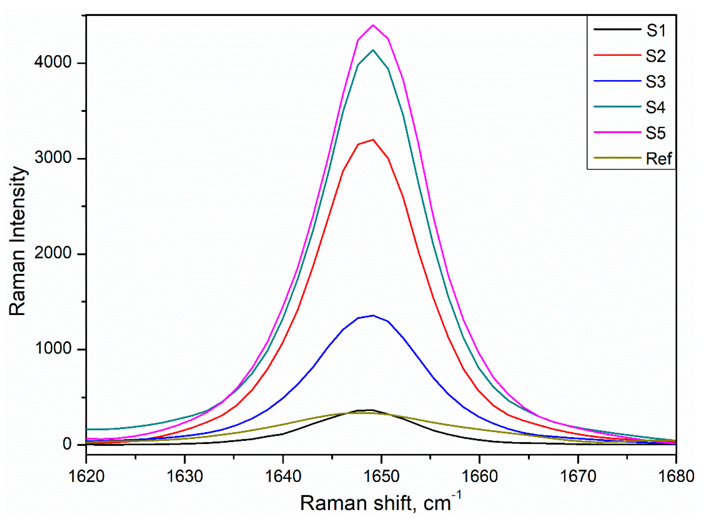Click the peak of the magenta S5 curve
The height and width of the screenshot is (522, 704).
(x=373, y=25)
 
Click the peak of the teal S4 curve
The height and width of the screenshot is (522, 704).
(x=373, y=50)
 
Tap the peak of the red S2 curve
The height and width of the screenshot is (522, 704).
(x=373, y=140)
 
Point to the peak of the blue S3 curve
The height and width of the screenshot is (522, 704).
(x=373, y=316)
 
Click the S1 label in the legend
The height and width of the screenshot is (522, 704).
(x=655, y=31)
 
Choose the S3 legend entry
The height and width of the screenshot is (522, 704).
(x=655, y=82)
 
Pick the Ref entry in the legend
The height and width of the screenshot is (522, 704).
(x=659, y=159)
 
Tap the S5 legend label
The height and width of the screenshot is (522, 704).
(x=655, y=133)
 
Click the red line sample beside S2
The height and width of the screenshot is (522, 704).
(x=617, y=55)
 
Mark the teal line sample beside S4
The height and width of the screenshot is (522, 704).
(x=617, y=106)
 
